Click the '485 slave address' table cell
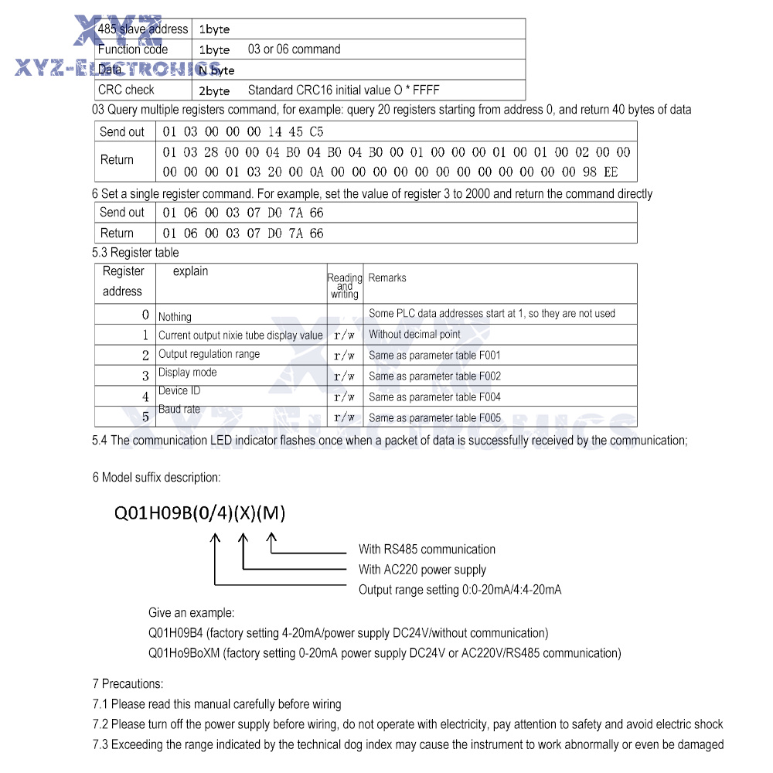143,29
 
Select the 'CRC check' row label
126,90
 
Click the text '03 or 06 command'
294,49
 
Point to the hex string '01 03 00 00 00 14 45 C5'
243,132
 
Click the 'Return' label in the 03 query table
117,160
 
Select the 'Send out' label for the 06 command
122,213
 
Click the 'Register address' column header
123,281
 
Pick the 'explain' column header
190,271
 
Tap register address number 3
145,376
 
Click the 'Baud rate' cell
179,409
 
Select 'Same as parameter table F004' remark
434,397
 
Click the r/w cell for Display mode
344,377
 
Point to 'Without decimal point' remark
414,335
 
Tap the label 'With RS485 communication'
427,550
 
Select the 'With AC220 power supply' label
422,570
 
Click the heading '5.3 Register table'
135,253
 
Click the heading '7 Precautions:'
128,684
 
